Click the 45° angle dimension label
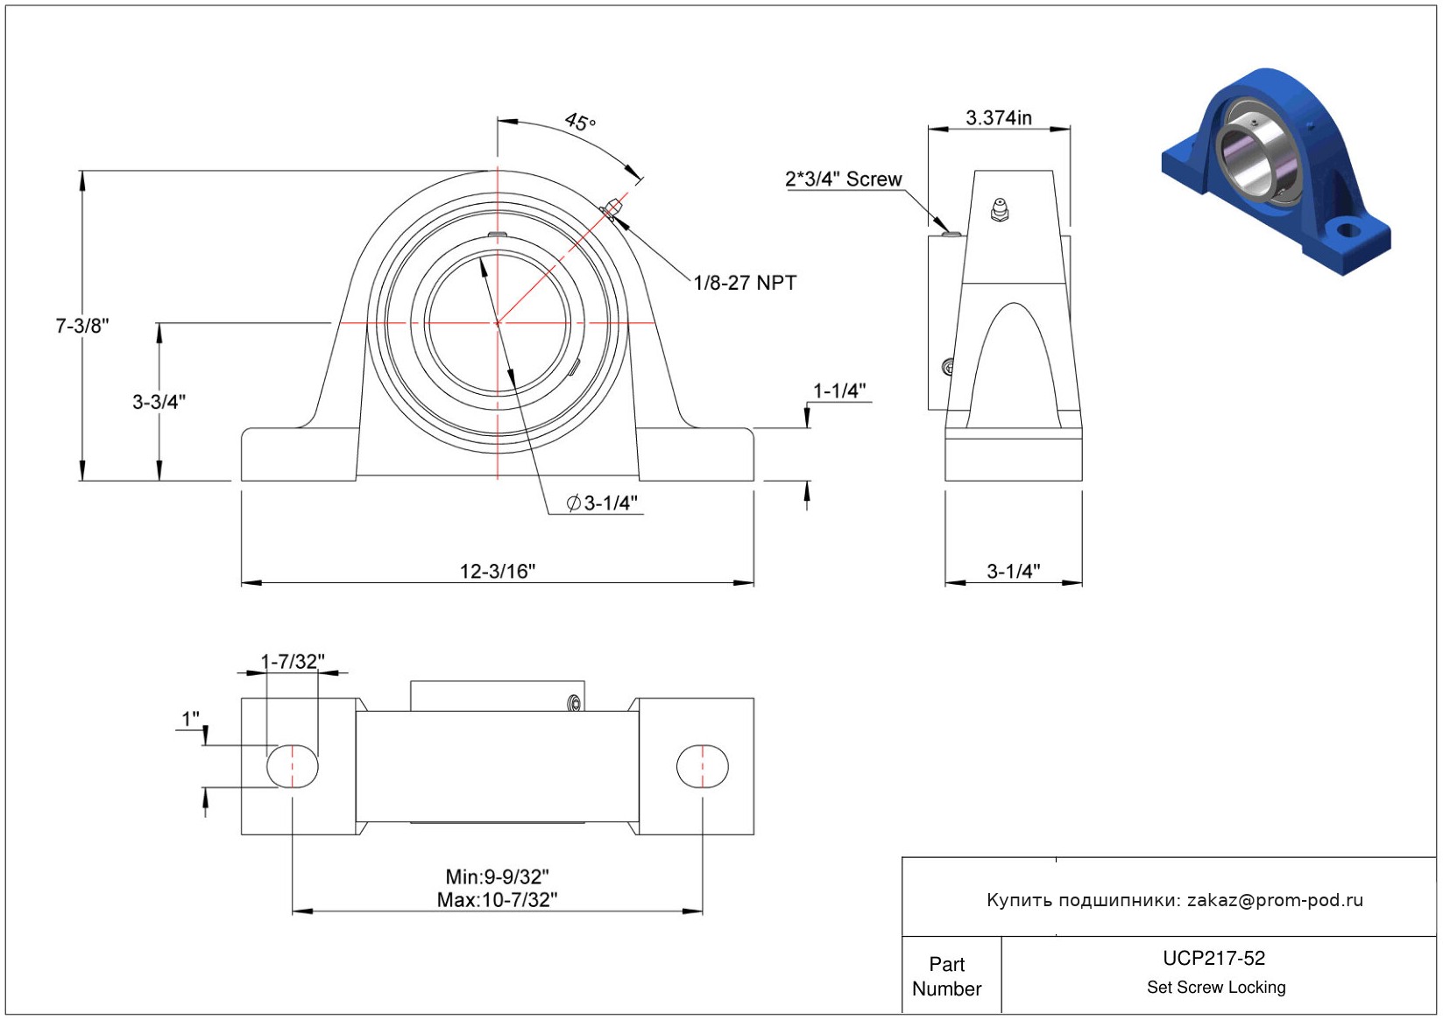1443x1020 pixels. coord(580,121)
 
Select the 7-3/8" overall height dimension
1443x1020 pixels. coord(82,326)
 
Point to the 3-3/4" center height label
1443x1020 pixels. coord(159,402)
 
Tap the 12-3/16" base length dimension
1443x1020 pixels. coord(498,571)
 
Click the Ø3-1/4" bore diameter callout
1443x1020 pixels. coord(602,503)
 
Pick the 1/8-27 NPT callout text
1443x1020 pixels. coord(745,283)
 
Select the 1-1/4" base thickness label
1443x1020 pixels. coord(839,390)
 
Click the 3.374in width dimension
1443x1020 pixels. coord(999,118)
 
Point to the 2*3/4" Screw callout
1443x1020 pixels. coord(843,179)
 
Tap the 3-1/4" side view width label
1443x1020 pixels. coord(1014,571)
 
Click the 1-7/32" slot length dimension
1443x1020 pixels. coord(293,661)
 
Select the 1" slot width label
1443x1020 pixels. coord(191,719)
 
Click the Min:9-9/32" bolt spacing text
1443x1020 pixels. coord(498,876)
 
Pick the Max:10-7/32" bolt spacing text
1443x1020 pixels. coord(498,899)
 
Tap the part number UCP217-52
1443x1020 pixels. coord(1213,958)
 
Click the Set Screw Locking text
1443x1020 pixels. coord(1216,987)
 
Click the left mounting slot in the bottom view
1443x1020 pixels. coord(293,766)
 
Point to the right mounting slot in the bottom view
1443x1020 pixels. coord(702,766)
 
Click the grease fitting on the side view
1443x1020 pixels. coord(999,210)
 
